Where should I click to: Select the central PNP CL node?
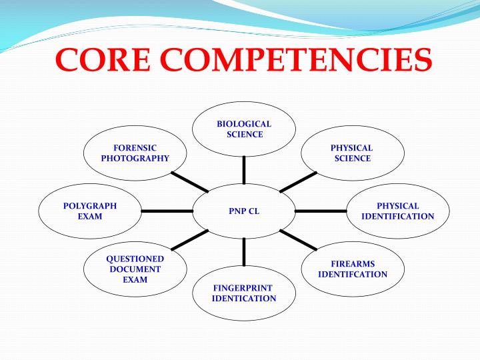244,211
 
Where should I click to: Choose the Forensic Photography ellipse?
135,153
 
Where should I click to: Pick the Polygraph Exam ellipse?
90,211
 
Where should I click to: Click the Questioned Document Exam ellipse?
135,269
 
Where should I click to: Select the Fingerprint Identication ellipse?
244,293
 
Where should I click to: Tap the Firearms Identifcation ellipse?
353,269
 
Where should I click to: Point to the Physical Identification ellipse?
398,211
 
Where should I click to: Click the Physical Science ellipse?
353,153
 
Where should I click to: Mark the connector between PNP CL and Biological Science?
244,169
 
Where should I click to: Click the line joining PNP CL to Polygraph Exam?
167,211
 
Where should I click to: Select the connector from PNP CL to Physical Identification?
321,211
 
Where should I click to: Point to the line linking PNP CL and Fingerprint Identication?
244,251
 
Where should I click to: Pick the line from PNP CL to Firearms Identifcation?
299,240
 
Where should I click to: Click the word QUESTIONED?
135,259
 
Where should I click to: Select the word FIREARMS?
353,264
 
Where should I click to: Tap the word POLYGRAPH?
90,206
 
